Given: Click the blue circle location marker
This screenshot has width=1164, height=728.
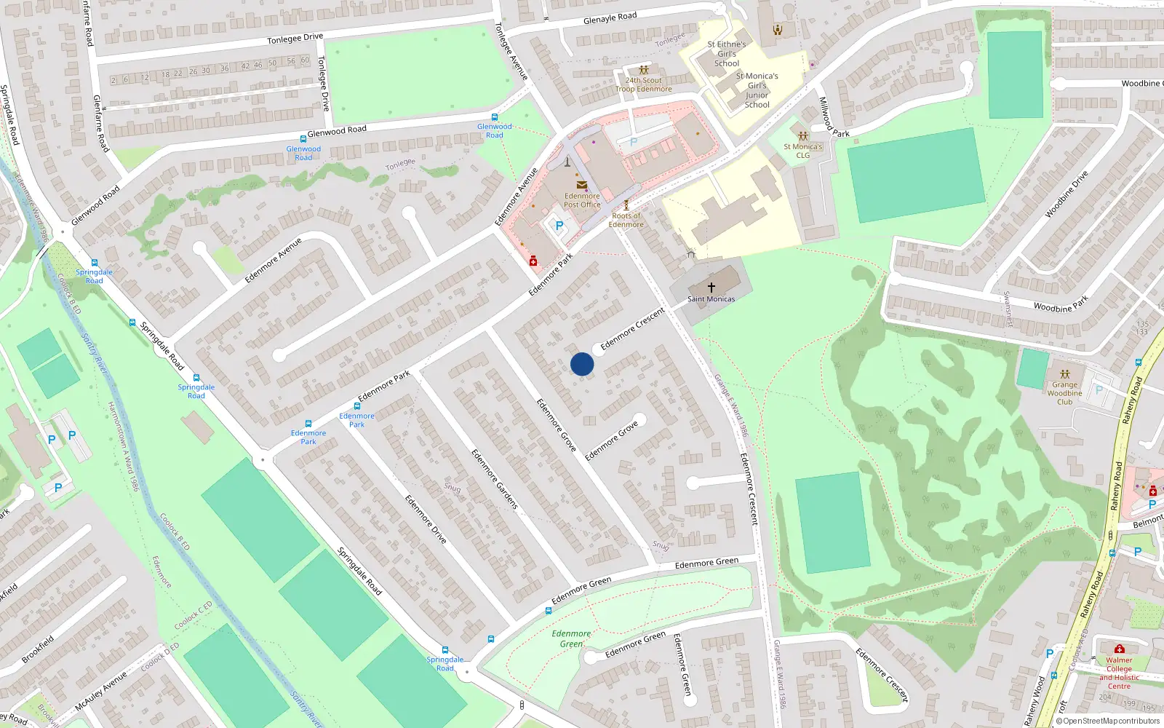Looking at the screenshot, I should pyautogui.click(x=582, y=364).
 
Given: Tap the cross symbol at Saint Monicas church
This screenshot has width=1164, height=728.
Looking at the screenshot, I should pyautogui.click(x=711, y=288).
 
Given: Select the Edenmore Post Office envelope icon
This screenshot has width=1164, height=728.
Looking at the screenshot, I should pyautogui.click(x=581, y=185).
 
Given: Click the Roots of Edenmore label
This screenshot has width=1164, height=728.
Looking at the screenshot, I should pyautogui.click(x=626, y=221).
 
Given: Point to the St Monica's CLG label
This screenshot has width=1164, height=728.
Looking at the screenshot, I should pyautogui.click(x=802, y=151).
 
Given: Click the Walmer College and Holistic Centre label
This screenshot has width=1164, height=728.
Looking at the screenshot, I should pyautogui.click(x=1119, y=673).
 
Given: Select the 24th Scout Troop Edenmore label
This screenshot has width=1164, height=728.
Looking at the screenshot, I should pyautogui.click(x=644, y=85).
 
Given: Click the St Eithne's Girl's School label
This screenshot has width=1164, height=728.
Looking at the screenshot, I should pyautogui.click(x=727, y=54).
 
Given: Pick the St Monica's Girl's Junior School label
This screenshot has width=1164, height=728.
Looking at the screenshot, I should pyautogui.click(x=757, y=90).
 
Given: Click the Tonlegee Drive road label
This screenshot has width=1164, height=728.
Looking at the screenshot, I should pyautogui.click(x=295, y=39).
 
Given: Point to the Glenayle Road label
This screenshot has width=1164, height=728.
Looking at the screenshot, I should pyautogui.click(x=610, y=17).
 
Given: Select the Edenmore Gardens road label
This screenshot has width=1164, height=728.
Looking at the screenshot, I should pyautogui.click(x=495, y=479).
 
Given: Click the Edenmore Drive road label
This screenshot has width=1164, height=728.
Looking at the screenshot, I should pyautogui.click(x=426, y=519).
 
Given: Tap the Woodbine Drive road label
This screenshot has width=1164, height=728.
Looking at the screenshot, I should pyautogui.click(x=1067, y=194).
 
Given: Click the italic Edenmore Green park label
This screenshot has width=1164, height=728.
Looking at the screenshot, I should pyautogui.click(x=571, y=638).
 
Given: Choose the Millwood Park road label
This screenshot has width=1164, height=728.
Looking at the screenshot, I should pyautogui.click(x=833, y=117).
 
